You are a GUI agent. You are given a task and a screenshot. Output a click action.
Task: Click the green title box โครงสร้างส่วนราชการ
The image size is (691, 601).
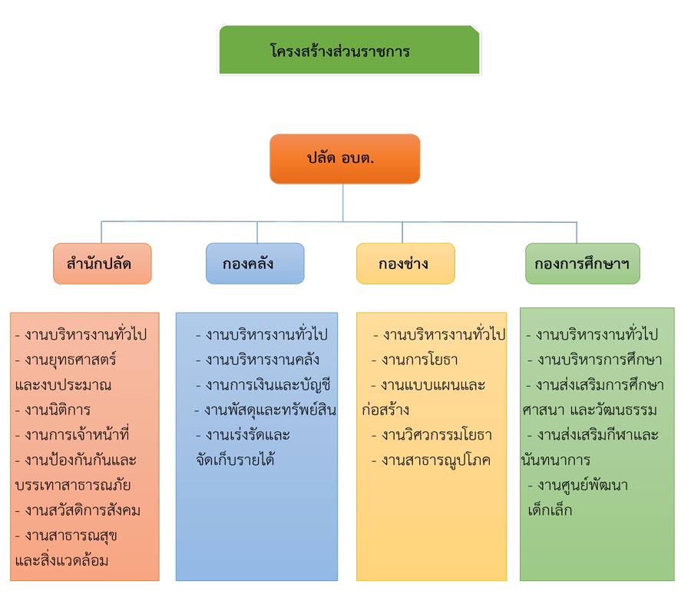click(x=349, y=51)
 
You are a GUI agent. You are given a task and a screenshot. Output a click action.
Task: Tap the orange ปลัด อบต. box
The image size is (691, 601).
click(x=345, y=159)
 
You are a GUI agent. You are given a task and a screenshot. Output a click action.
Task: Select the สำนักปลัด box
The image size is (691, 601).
click(x=102, y=264)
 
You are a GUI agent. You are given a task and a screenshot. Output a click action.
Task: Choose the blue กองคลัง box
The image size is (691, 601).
click(x=255, y=264)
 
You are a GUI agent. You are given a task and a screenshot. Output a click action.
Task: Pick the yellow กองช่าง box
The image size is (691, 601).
click(x=405, y=264)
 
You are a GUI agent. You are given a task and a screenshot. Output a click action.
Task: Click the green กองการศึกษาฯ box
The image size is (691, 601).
click(x=582, y=264)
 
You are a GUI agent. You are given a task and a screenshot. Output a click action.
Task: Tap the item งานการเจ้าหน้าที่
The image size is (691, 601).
click(x=72, y=435)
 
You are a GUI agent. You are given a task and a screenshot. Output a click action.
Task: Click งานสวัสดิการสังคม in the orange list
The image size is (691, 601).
click(x=78, y=510)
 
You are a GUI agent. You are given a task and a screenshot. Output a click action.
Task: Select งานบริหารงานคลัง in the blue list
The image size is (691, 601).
click(x=257, y=360)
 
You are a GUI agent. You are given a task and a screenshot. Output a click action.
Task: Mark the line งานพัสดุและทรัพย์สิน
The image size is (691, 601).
click(x=265, y=410)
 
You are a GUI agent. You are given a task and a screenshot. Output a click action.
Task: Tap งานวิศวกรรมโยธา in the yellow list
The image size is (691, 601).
click(x=431, y=435)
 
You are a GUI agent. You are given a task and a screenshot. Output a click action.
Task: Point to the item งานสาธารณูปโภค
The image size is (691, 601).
click(x=431, y=460)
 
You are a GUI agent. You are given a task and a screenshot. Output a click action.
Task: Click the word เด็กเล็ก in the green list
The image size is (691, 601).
click(x=550, y=510)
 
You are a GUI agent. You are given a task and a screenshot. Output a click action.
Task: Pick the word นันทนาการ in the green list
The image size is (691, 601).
click(x=545, y=460)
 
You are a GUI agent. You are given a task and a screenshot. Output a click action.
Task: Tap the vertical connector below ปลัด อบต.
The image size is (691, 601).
click(x=343, y=201)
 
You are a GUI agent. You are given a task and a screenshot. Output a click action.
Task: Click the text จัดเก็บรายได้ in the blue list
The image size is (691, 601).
click(x=236, y=460)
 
